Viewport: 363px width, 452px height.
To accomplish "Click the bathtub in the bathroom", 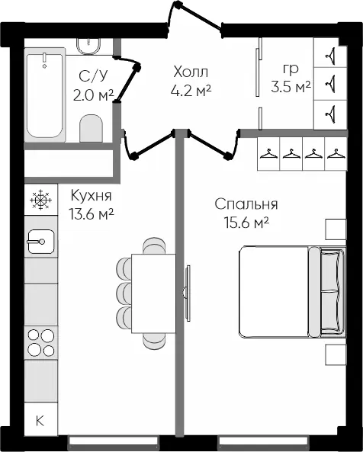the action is [45, 95].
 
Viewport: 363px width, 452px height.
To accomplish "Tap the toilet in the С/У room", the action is [91, 128].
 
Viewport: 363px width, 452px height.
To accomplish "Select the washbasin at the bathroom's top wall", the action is [88, 46].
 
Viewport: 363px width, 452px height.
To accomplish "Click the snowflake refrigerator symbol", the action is [40, 200].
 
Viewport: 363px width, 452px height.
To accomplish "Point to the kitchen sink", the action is [40, 242].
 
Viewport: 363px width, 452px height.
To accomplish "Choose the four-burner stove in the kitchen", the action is [41, 343].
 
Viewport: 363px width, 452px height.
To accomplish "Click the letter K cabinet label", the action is [40, 421].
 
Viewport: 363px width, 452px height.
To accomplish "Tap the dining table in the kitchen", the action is [153, 293].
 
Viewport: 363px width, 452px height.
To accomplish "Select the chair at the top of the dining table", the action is [154, 246].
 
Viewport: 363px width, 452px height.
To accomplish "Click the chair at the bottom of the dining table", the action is [154, 341].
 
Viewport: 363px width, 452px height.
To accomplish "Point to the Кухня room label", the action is [91, 196].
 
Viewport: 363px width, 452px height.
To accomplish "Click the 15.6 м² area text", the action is [247, 223].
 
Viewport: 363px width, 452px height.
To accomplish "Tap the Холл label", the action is [191, 72].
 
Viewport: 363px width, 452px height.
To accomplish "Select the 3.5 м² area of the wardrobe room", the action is [291, 87].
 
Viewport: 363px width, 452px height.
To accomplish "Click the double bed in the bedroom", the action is [292, 292].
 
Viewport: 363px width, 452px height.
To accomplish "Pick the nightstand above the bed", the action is [336, 229].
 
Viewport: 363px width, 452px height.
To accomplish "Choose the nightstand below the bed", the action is [336, 355].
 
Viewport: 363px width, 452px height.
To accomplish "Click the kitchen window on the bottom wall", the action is [114, 441].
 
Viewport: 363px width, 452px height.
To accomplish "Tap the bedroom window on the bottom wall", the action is [265, 441].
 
